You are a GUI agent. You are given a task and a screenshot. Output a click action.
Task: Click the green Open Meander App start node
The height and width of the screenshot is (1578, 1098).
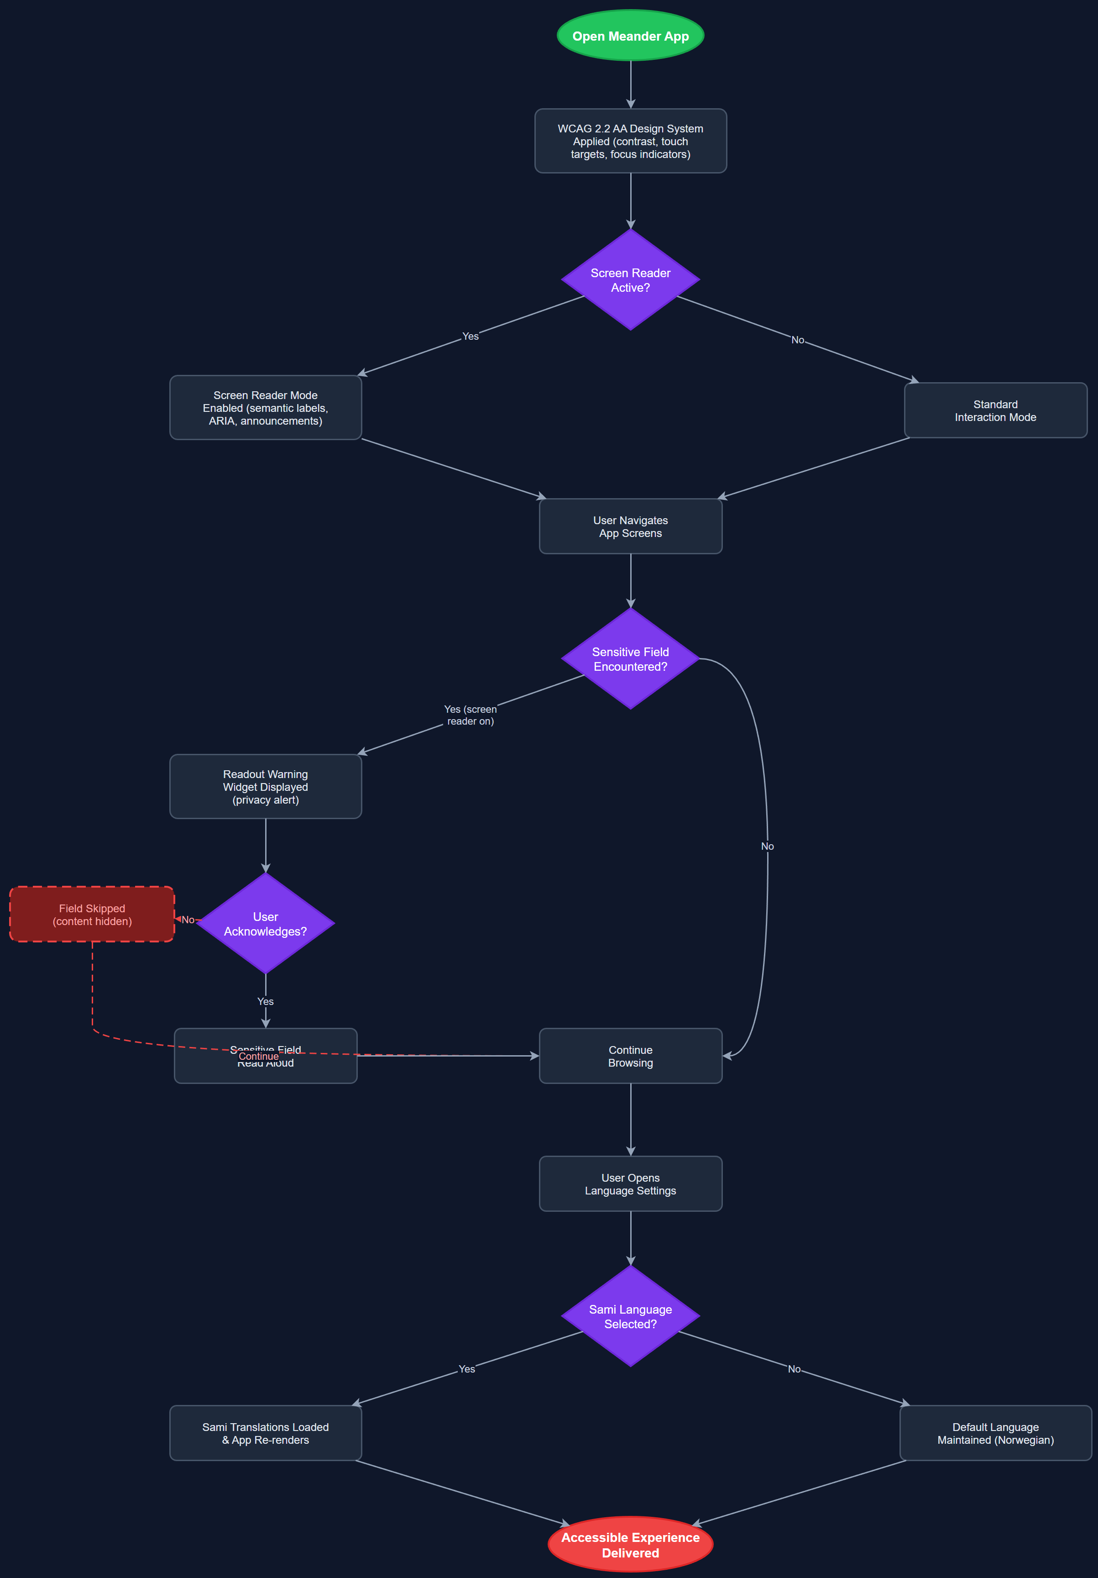point(630,36)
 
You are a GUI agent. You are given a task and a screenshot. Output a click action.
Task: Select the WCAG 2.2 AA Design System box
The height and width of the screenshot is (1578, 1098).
point(630,141)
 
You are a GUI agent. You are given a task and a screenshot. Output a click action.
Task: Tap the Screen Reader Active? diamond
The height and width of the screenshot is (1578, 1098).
point(630,280)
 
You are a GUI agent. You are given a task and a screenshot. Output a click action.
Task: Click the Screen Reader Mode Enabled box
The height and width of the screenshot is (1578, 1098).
point(265,408)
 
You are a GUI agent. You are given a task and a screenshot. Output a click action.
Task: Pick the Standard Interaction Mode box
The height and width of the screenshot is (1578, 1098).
point(995,410)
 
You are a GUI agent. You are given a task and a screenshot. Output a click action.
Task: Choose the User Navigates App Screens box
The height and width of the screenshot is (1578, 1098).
point(630,526)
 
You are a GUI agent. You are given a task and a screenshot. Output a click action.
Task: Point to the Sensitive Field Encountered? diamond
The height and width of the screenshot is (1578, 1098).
point(630,658)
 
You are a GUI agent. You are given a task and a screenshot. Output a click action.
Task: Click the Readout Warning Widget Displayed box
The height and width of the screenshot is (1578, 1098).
point(265,786)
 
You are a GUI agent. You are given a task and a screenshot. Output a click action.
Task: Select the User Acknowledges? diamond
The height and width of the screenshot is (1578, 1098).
point(265,924)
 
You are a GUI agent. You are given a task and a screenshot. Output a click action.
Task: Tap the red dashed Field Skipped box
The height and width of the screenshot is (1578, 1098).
point(92,914)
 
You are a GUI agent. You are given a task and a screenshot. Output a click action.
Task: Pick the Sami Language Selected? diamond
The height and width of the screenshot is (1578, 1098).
point(630,1316)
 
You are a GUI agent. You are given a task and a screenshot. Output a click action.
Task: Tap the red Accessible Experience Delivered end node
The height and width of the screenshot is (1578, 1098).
point(630,1544)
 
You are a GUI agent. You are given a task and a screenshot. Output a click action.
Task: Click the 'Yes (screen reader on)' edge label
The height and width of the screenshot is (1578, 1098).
point(470,715)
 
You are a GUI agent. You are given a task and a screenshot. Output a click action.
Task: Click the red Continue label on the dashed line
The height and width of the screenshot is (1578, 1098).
point(258,1057)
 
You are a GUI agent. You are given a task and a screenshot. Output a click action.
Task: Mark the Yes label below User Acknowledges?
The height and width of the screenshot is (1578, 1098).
point(265,1001)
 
